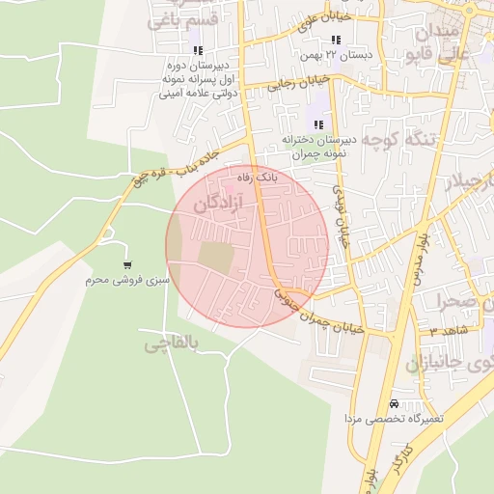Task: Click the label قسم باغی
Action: tap(178, 19)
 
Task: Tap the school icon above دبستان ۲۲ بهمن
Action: tap(336, 41)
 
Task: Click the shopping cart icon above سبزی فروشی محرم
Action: tap(127, 264)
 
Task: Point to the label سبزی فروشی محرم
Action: tap(130, 280)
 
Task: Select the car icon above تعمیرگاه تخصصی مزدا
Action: tap(393, 403)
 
